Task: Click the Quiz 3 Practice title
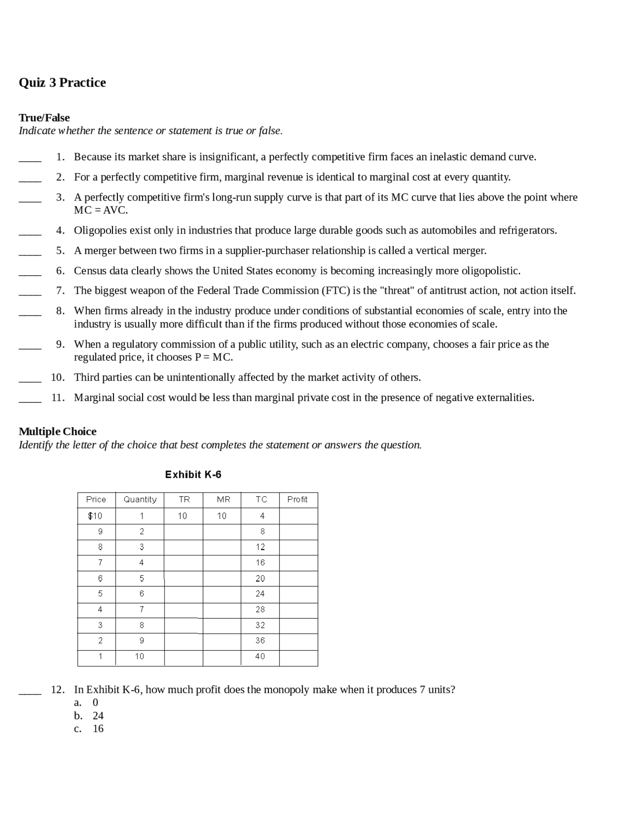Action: pos(62,82)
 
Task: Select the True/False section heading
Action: pos(44,117)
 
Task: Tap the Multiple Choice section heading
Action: pos(57,431)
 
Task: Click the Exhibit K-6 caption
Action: pos(193,474)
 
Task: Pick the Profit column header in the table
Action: pos(297,499)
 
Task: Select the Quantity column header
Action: pos(140,499)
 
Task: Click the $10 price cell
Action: pos(95,516)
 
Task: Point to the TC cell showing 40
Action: pos(260,656)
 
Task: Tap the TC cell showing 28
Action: pos(260,610)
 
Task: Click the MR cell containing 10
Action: pos(222,516)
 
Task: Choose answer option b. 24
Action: pos(89,716)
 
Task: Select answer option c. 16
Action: pos(89,728)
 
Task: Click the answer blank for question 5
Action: pos(30,253)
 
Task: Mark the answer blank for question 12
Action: pos(30,692)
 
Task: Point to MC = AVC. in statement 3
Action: pos(101,210)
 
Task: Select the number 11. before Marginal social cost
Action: pos(57,397)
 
